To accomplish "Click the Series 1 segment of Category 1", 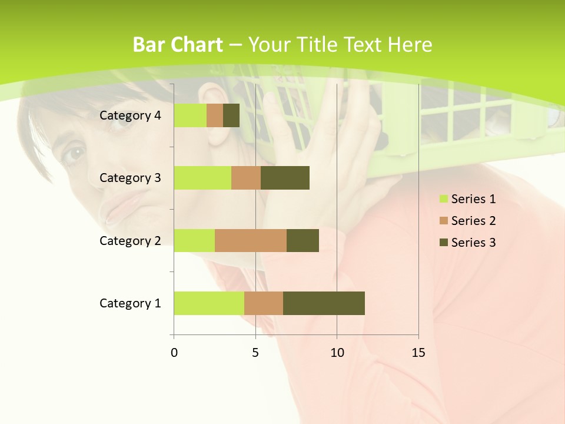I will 209,303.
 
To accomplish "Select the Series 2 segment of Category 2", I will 251,240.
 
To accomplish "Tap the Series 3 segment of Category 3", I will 285,178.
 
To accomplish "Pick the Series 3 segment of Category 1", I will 324,303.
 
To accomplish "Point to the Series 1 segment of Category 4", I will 190,115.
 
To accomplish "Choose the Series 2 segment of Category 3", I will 246,178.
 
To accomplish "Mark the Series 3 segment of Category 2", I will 303,240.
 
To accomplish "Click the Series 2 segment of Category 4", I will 215,115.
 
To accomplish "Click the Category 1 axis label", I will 130,303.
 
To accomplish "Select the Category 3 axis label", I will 130,178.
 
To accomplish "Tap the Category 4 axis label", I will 130,115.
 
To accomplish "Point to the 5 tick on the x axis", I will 255,353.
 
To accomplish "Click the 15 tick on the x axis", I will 418,353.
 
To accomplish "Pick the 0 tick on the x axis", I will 174,353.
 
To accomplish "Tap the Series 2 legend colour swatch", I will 443,221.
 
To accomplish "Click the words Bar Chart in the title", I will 178,45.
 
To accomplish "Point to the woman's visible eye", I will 75,154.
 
